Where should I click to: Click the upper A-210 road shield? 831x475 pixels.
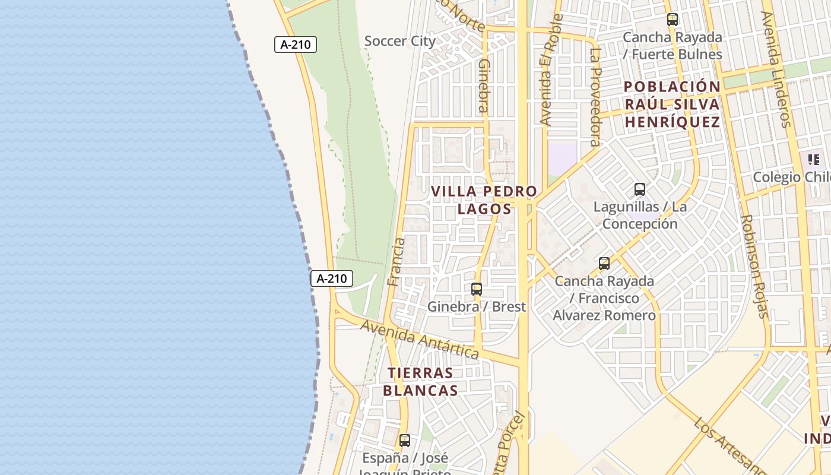[295, 45]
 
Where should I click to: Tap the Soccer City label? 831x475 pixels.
[399, 41]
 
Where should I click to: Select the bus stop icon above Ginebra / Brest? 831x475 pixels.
[476, 289]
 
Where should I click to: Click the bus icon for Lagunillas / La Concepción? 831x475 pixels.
[639, 189]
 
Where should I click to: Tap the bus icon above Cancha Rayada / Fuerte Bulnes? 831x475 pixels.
[672, 20]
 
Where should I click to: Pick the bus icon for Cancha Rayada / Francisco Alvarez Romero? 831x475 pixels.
[604, 264]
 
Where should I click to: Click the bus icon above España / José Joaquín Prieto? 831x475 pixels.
[404, 441]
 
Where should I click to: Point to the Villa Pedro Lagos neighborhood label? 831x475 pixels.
[484, 200]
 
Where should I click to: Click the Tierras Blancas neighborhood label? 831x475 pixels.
[420, 382]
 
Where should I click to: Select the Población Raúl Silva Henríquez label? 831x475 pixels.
[672, 104]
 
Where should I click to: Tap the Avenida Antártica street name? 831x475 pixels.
[419, 339]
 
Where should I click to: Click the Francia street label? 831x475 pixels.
[395, 262]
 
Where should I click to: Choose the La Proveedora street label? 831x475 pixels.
[595, 97]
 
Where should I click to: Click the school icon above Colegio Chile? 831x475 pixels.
[813, 159]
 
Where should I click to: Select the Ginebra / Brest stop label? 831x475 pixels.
[477, 306]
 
